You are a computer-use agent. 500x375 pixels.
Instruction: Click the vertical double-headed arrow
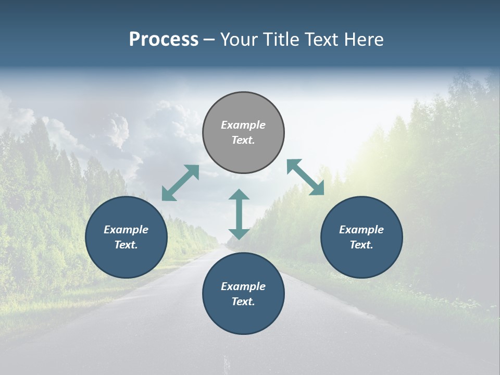pyautogui.click(x=239, y=214)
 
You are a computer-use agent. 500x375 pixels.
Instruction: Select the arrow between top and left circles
pyautogui.click(x=180, y=183)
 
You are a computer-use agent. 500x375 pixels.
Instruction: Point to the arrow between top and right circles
pyautogui.click(x=306, y=177)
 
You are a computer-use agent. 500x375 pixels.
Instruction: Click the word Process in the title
pyautogui.click(x=164, y=39)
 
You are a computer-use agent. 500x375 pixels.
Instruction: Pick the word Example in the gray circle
pyautogui.click(x=243, y=125)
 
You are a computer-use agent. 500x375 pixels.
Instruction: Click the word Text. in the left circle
pyautogui.click(x=126, y=245)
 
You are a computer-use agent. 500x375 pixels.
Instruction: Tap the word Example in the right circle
pyautogui.click(x=361, y=230)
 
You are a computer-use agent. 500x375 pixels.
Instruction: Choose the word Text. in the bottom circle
pyautogui.click(x=243, y=302)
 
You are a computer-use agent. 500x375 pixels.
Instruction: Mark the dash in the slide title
pyautogui.click(x=209, y=40)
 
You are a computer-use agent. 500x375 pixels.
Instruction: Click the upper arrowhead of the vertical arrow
pyautogui.click(x=239, y=195)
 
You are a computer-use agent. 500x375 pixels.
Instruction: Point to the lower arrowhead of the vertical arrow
pyautogui.click(x=239, y=234)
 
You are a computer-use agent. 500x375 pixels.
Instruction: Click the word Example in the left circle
pyautogui.click(x=126, y=230)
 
